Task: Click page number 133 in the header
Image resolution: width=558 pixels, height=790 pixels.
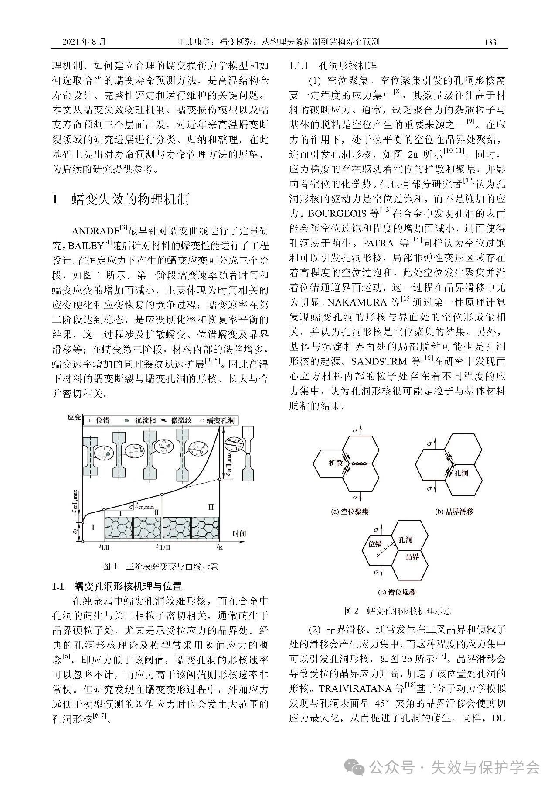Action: point(490,42)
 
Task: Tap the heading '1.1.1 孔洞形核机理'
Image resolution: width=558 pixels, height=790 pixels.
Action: point(333,66)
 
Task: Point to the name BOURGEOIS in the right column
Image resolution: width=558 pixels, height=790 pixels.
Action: point(338,214)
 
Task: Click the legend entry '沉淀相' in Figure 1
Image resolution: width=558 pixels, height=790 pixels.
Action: point(140,421)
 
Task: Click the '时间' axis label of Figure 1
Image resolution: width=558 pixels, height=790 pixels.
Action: point(239,533)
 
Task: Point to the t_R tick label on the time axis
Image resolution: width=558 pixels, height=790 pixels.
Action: point(220,546)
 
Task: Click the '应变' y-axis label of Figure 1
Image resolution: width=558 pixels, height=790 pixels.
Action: point(75,417)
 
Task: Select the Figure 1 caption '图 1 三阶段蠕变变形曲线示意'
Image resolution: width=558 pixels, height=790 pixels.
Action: point(160,567)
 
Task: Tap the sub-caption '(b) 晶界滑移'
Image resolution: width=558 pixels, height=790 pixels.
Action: point(454,511)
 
